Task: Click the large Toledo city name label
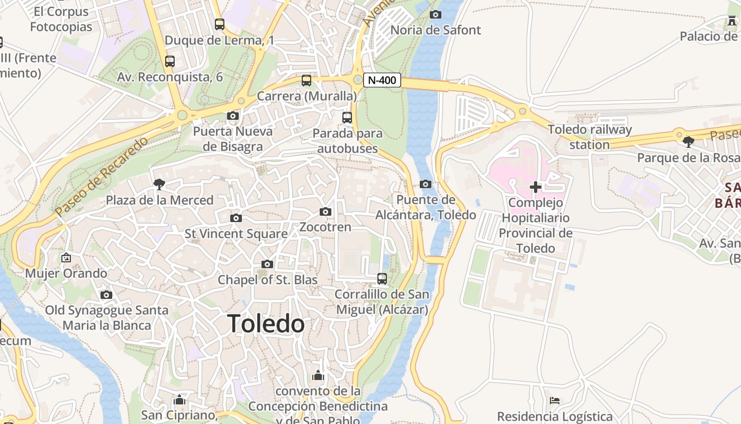coord(266,324)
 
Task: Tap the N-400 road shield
coord(382,81)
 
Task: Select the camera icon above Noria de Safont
coord(436,14)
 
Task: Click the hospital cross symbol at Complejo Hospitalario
coord(536,187)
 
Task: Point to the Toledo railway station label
coord(590,137)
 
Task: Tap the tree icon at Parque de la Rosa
coord(688,142)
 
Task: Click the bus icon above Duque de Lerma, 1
coord(219,24)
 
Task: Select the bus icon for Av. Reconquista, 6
coord(169,61)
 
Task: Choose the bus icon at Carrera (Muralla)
coord(306,81)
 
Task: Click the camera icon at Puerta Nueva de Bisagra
coord(232,116)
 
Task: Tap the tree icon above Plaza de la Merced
coord(158,184)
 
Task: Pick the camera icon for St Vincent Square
coord(236,218)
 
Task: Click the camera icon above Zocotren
coord(326,212)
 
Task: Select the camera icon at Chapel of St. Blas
coord(267,264)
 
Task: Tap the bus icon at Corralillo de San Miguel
coord(382,278)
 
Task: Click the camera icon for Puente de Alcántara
coord(425,184)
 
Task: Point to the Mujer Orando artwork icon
coord(66,258)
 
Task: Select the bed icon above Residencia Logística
coord(555,400)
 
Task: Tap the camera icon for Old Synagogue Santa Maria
coord(106,295)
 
